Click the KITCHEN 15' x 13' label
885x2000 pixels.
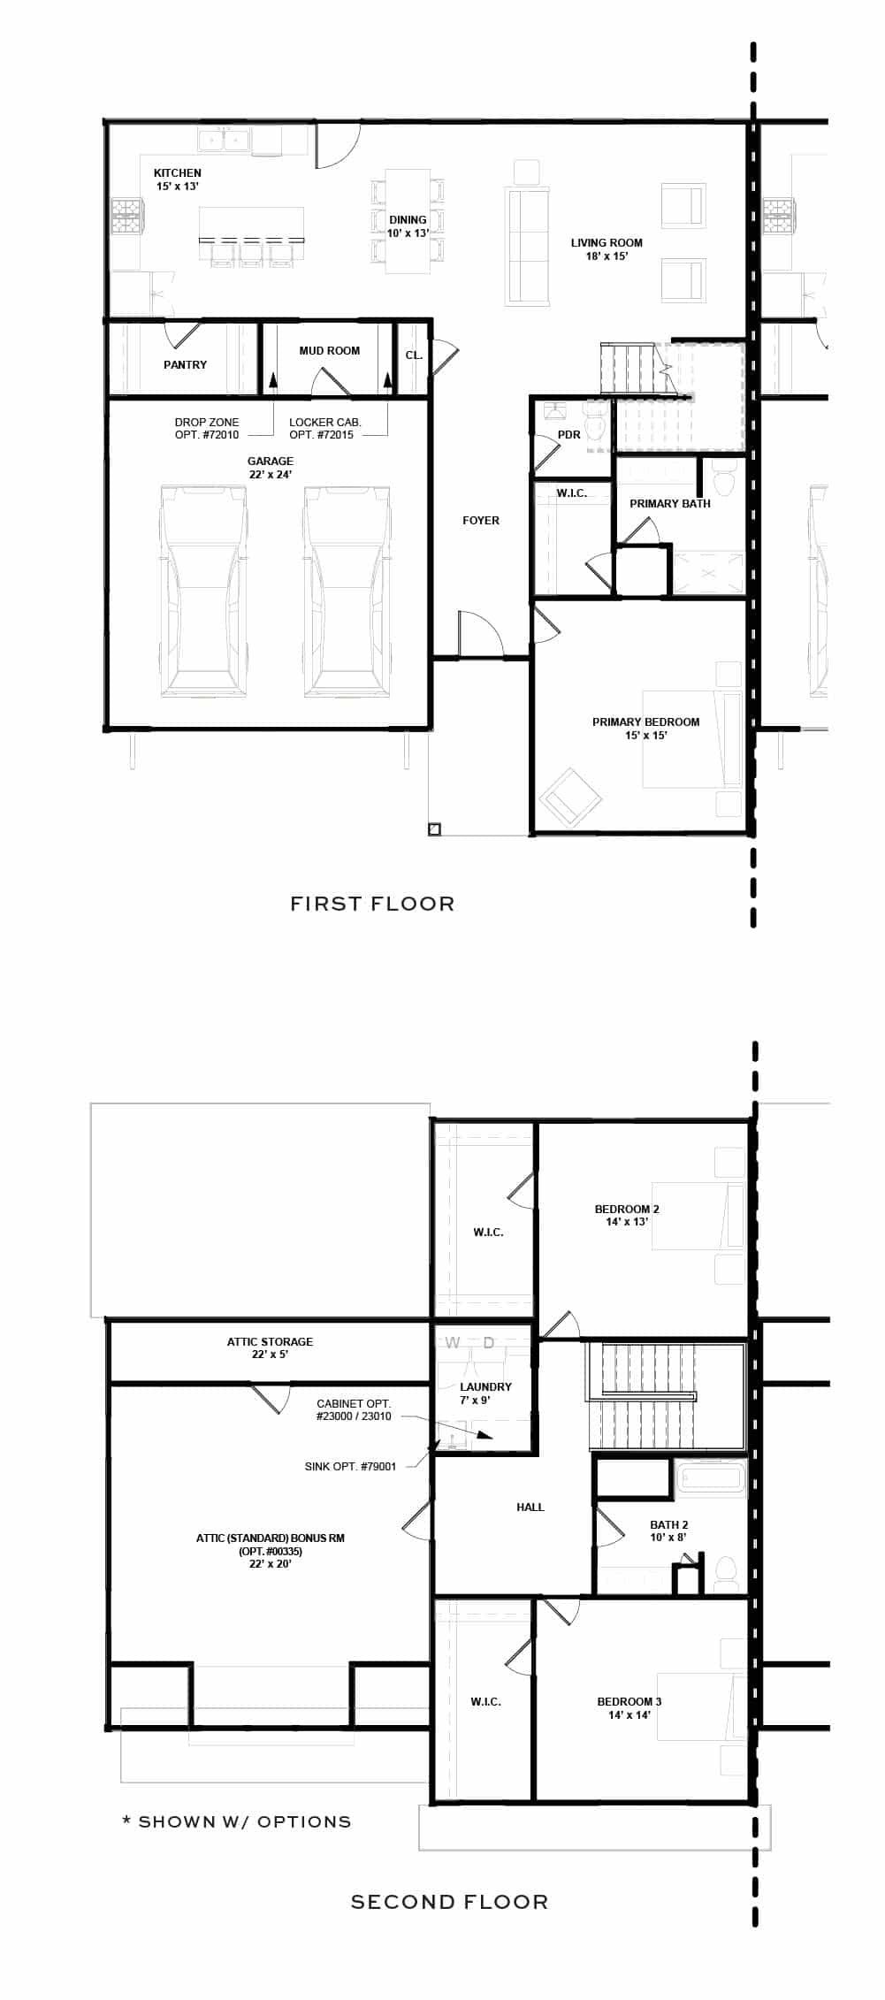click(x=177, y=179)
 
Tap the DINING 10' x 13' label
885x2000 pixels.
click(x=408, y=226)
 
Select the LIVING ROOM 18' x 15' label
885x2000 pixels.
click(x=607, y=249)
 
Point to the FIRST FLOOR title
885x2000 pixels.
click(x=372, y=904)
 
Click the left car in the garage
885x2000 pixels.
click(x=202, y=591)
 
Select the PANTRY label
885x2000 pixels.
click(x=185, y=364)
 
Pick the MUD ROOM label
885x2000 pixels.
click(x=329, y=351)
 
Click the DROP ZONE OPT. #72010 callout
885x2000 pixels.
click(x=206, y=429)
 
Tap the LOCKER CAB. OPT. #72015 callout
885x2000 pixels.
click(x=324, y=429)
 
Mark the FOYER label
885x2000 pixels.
click(x=481, y=521)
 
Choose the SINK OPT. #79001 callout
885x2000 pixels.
click(x=350, y=1466)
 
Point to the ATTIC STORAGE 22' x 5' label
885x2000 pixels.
click(x=270, y=1348)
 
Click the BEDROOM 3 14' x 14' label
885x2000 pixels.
click(x=629, y=1708)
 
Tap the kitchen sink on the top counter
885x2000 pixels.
click(x=224, y=140)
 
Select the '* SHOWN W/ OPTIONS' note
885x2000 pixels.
click(x=236, y=1821)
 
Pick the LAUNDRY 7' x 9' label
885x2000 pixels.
click(x=485, y=1393)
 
